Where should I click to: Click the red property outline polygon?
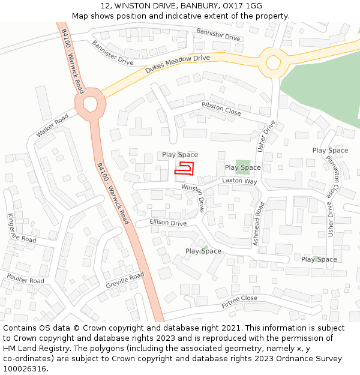tap(185, 168)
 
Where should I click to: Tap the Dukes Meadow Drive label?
tap(178, 64)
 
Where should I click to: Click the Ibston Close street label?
tap(221, 109)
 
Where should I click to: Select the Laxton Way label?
tap(239, 181)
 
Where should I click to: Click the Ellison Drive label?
tap(169, 223)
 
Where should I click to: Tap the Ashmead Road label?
tap(259, 224)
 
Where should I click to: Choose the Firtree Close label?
tap(239, 302)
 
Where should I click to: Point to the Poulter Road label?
tap(26, 279)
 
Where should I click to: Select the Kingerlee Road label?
tap(22, 228)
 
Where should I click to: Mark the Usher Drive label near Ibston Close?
tap(266, 136)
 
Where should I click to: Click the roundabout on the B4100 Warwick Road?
tap(90, 103)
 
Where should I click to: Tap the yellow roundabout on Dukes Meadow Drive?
tap(274, 62)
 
